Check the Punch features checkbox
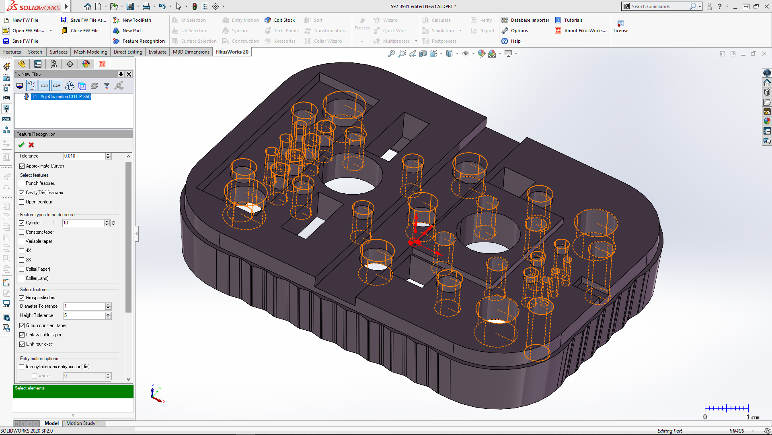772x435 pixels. [22, 183]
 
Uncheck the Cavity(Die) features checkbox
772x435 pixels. [22, 193]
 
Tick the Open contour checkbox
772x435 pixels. [22, 202]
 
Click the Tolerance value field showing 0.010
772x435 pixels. [84, 156]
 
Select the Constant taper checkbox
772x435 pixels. [22, 232]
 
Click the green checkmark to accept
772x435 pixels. [21, 145]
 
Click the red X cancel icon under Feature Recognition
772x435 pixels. [31, 145]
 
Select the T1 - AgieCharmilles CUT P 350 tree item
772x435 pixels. [61, 97]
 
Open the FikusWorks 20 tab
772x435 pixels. [232, 52]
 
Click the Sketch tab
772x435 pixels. [35, 52]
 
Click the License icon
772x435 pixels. [620, 27]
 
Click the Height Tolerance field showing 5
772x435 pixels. [84, 315]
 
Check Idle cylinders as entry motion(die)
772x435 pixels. [22, 367]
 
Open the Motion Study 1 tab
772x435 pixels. [82, 423]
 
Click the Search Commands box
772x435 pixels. [659, 6]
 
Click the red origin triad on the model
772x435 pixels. [415, 242]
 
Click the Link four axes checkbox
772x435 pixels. [22, 344]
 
